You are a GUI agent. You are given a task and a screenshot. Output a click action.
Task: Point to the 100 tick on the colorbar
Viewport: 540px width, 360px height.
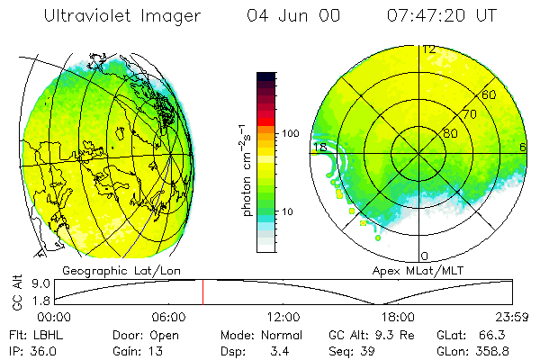click(292, 133)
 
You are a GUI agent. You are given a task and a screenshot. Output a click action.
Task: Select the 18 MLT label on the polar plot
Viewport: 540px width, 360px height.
click(319, 147)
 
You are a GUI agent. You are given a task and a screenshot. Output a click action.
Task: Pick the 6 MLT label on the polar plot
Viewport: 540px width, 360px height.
click(522, 147)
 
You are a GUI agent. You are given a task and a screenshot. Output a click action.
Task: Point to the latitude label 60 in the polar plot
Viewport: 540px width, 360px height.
click(490, 94)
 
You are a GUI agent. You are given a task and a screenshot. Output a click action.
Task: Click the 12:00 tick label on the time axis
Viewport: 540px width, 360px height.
click(283, 317)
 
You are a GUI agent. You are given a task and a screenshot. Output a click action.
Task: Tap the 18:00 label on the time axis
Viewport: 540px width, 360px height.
click(398, 317)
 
